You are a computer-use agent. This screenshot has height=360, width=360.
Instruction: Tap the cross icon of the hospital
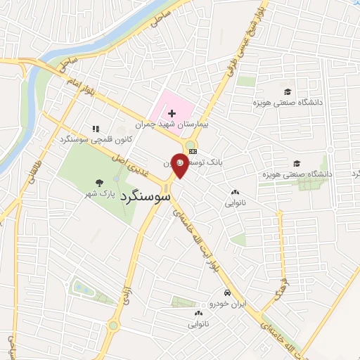[172, 113]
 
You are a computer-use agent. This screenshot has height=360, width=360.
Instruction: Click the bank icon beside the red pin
[193, 151]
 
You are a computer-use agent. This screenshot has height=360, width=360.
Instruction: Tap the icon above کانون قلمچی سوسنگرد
[96, 129]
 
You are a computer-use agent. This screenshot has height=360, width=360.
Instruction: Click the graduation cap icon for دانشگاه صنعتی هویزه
[287, 92]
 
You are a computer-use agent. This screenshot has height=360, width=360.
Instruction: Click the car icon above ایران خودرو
[226, 292]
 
